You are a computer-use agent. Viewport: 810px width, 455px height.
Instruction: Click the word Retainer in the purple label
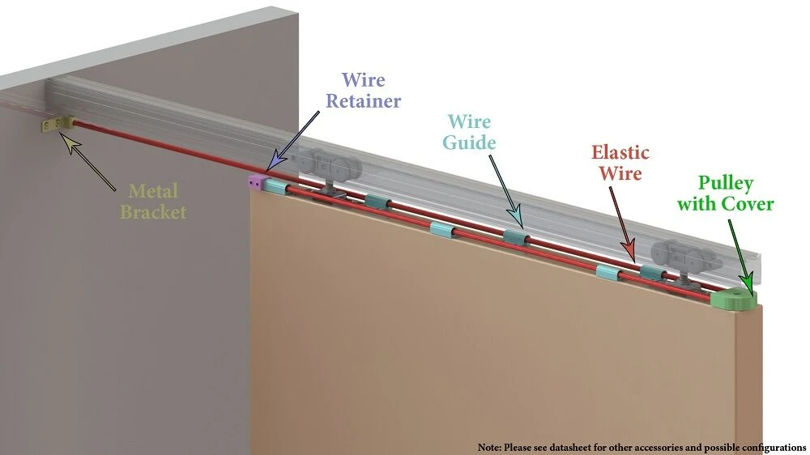pyautogui.click(x=364, y=101)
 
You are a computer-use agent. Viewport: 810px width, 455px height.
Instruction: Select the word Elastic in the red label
pyautogui.click(x=620, y=152)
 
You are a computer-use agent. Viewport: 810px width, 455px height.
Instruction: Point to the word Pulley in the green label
pyautogui.click(x=726, y=182)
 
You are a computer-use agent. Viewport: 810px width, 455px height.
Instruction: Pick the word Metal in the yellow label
pyautogui.click(x=153, y=192)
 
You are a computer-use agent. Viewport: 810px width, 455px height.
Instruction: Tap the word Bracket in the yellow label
pyautogui.click(x=153, y=212)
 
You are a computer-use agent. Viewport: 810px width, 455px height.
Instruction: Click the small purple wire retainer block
pyautogui.click(x=255, y=183)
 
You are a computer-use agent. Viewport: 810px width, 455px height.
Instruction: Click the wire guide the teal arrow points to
pyautogui.click(x=516, y=237)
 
